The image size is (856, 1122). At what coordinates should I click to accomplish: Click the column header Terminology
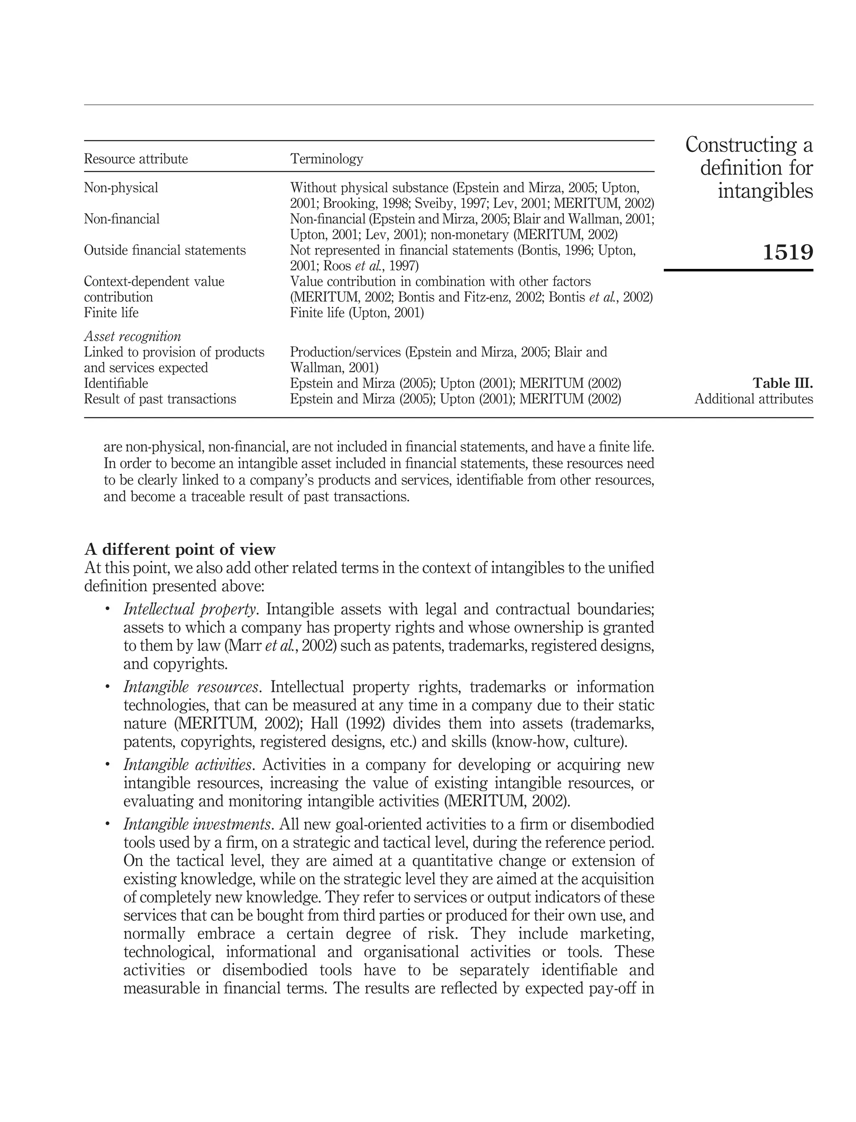[x=326, y=159]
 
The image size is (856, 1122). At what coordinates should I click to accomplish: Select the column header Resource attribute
[x=135, y=159]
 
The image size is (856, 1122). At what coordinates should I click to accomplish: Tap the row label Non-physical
[x=121, y=188]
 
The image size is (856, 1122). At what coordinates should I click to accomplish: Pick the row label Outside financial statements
[x=165, y=250]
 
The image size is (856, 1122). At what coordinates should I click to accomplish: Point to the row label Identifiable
[x=116, y=383]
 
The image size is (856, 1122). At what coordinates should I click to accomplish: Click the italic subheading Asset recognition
[x=132, y=337]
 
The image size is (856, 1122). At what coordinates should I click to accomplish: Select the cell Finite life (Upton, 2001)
[x=357, y=312]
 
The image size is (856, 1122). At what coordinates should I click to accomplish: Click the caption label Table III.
[x=782, y=383]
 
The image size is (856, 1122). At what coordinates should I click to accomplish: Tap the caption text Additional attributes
[x=754, y=399]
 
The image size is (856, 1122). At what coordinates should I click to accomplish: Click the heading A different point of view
[x=180, y=549]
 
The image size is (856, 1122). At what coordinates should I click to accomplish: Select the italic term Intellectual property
[x=189, y=610]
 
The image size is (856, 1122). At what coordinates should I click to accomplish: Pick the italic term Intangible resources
[x=191, y=687]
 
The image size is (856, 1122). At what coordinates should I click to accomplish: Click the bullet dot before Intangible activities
[x=107, y=764]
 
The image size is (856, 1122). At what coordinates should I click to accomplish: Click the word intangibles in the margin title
[x=765, y=191]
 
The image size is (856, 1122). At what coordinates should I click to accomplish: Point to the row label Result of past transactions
[x=160, y=399]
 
